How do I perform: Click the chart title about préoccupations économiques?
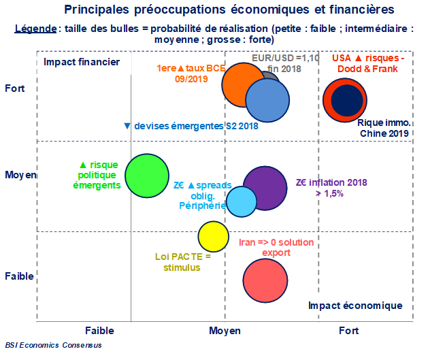coord(229,10)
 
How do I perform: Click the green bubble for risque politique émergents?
coord(147,176)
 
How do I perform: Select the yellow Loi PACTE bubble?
coord(212,236)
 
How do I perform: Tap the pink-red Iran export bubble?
coord(264,279)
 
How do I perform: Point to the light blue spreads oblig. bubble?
coord(240,201)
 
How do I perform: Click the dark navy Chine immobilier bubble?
coord(347,99)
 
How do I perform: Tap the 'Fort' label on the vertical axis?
coord(15,88)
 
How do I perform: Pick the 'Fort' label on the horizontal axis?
coord(348,331)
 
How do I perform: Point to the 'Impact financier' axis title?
coord(82,62)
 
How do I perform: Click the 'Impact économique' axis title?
coord(355,306)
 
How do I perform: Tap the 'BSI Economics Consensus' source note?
coord(53,345)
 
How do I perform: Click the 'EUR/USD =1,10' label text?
coord(286,58)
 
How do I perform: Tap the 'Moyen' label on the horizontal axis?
coord(225,331)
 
